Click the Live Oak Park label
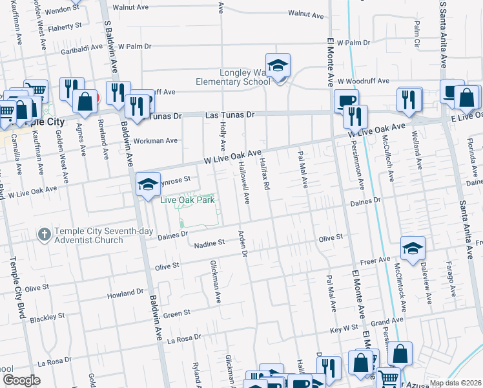188,200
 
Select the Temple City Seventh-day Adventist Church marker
44,233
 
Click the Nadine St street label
208,243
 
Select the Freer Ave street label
375,261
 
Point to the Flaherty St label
63,26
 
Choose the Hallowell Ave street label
247,185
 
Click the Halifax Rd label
265,176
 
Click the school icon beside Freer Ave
413,247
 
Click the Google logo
21,380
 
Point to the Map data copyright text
455,383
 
